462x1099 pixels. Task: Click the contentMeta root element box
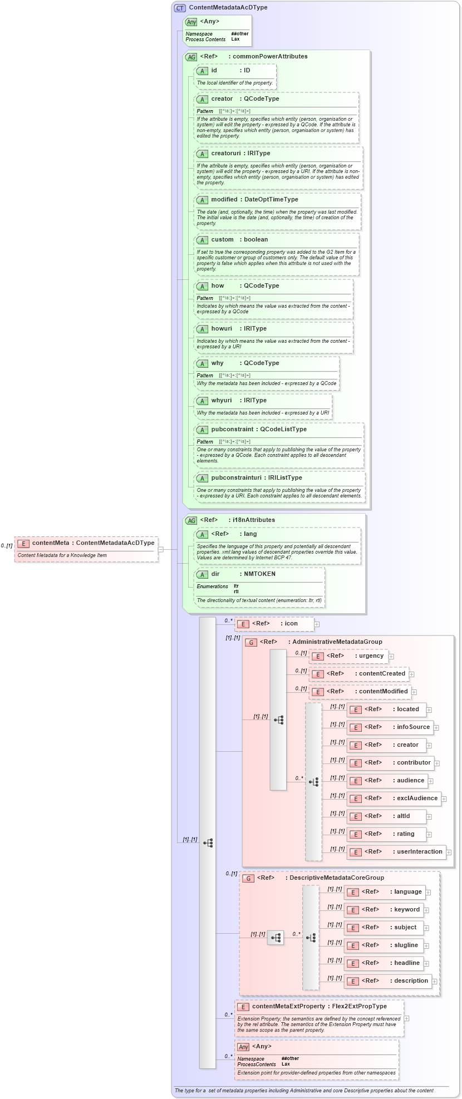[x=86, y=543]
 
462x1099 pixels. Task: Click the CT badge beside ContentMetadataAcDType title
[x=180, y=8]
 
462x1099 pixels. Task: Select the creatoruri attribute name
[x=225, y=153]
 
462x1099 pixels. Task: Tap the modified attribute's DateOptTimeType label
[x=271, y=199]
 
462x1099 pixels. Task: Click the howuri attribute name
[x=222, y=328]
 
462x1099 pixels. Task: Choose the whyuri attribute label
[x=222, y=400]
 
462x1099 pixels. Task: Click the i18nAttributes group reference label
[x=254, y=520]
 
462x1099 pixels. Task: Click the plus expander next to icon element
[x=317, y=624]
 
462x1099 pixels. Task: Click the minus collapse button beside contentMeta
[x=160, y=549]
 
